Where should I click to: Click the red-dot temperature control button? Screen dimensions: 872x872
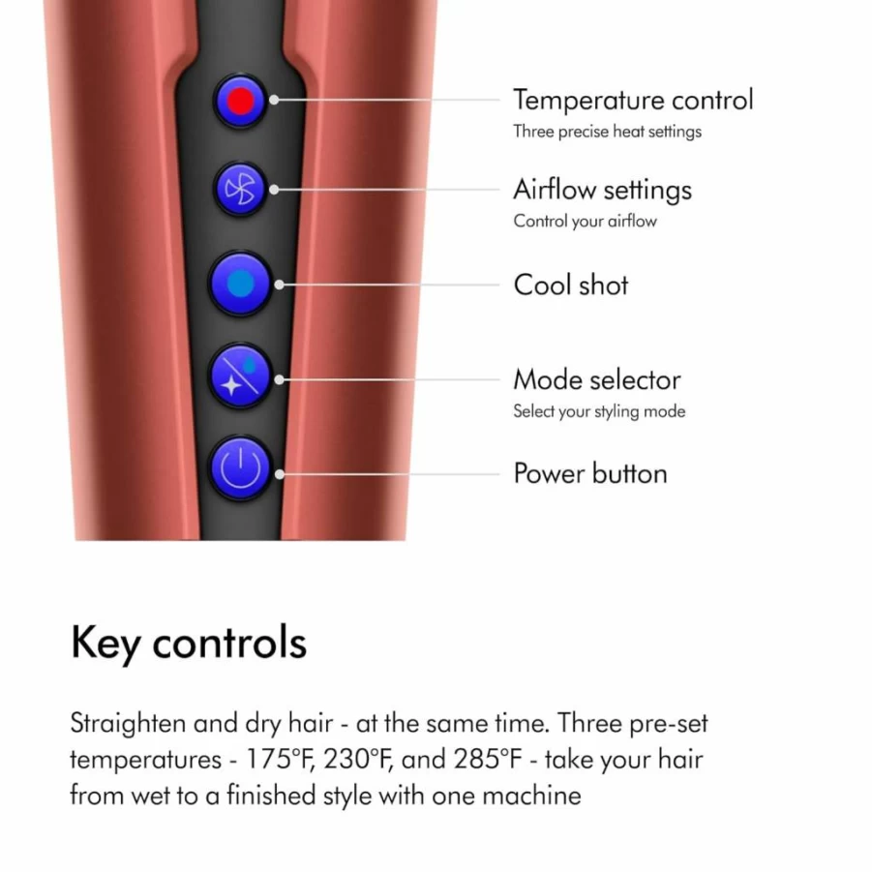click(240, 102)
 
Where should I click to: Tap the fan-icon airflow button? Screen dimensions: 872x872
click(240, 189)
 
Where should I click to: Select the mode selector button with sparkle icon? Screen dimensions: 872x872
click(240, 376)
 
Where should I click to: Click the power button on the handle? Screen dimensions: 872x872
click(240, 467)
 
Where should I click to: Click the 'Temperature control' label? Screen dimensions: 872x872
click(633, 100)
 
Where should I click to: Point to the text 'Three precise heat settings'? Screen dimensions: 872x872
click(607, 132)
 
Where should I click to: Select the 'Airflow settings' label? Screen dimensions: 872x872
click(602, 191)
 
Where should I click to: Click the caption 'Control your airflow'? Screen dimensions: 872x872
click(585, 222)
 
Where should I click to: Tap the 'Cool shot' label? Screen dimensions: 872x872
click(571, 285)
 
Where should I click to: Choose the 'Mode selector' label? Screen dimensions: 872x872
click(597, 379)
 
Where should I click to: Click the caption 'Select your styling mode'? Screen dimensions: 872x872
click(599, 411)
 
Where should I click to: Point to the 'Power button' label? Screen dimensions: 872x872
click(590, 474)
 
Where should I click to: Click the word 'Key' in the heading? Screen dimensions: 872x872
click(105, 644)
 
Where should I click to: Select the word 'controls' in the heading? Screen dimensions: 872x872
click(229, 643)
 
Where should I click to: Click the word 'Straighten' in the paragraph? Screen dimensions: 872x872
click(128, 724)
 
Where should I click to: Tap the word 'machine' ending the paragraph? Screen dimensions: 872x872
click(531, 796)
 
